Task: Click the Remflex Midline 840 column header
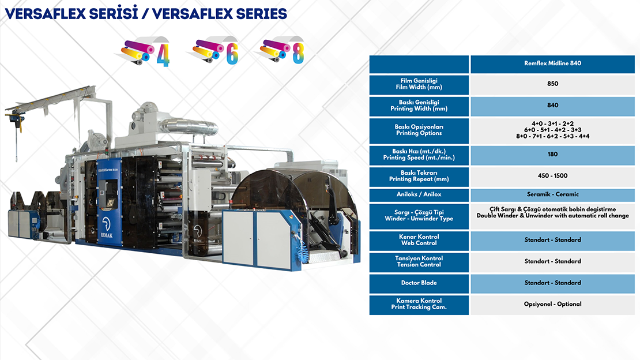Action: point(552,63)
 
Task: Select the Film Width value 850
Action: point(553,84)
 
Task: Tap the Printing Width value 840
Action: point(553,106)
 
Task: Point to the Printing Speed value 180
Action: point(553,155)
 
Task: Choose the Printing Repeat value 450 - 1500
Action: point(553,176)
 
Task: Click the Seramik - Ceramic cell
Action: point(553,194)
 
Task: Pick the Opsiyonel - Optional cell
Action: point(553,304)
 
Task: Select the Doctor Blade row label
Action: point(419,283)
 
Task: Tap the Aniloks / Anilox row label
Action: point(419,194)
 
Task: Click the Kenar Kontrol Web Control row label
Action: point(419,240)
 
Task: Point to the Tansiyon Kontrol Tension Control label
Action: point(419,261)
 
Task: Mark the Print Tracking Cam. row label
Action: point(419,304)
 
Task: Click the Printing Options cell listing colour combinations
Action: point(553,130)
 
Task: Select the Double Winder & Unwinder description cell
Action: point(553,212)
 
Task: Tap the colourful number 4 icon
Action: point(146,52)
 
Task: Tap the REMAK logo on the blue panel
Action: point(107,227)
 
